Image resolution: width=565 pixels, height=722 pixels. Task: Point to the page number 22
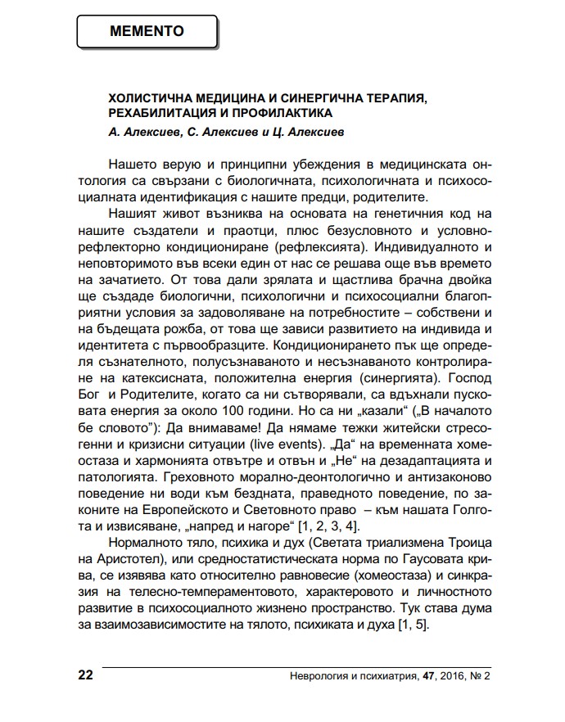pos(85,675)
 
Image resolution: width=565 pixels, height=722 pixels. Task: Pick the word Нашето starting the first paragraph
pos(130,165)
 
